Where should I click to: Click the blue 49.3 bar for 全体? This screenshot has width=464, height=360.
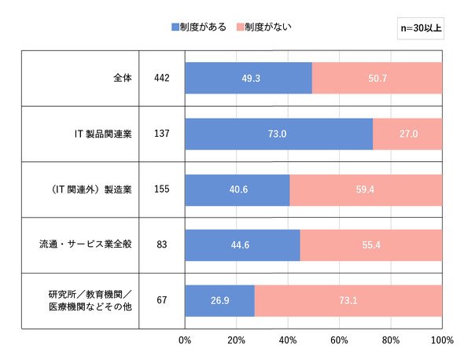[249, 78]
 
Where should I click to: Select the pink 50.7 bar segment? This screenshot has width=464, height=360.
[377, 78]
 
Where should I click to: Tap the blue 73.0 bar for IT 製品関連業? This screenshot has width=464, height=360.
[279, 134]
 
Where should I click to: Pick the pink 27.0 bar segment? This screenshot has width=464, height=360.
[408, 134]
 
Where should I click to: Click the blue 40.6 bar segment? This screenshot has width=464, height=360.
[238, 190]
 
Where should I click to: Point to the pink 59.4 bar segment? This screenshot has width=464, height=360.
[366, 190]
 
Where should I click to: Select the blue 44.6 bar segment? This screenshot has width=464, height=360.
[243, 245]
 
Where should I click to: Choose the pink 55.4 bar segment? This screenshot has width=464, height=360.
[371, 245]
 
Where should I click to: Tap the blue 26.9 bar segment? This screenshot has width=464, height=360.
[220, 301]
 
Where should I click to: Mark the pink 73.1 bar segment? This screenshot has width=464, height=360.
[348, 301]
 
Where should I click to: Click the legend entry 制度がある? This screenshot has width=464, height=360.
[199, 28]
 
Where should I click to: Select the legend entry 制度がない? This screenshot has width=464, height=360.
[264, 28]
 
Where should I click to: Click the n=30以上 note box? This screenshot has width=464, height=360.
[421, 28]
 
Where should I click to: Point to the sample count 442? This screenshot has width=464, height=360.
[162, 78]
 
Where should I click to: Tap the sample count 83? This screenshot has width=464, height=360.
[162, 244]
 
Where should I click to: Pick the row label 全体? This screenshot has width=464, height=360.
[123, 78]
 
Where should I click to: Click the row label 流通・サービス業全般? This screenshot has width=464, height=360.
[86, 244]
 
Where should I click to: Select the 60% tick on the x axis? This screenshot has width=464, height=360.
[340, 340]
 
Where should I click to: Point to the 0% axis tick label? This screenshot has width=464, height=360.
[185, 340]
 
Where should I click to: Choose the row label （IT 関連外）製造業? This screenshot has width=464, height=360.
[91, 189]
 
